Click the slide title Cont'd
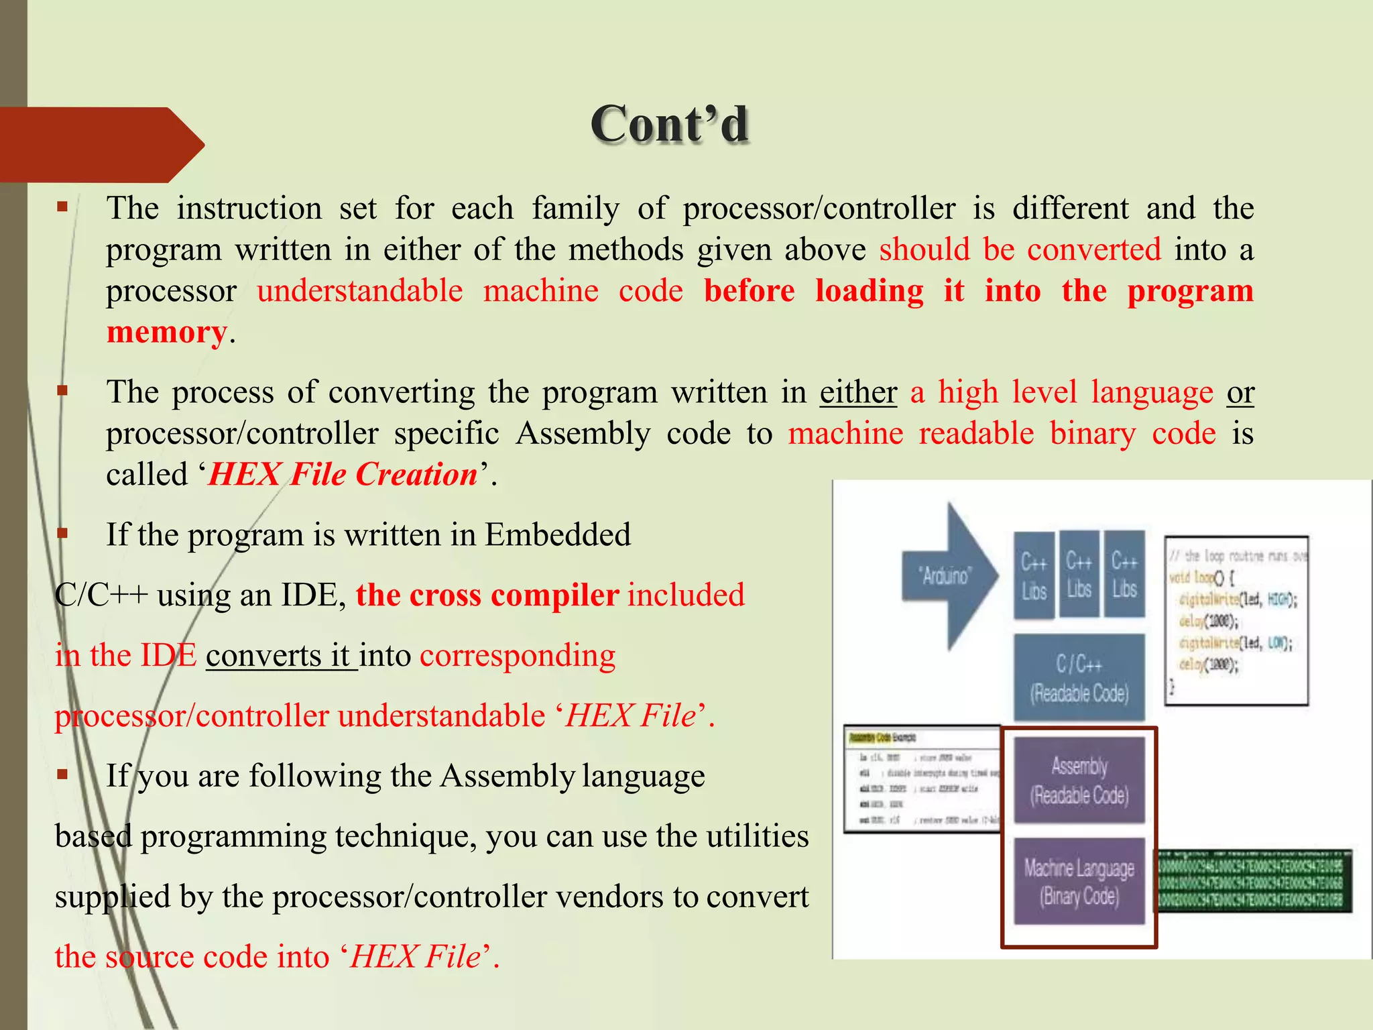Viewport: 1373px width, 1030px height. pyautogui.click(x=669, y=125)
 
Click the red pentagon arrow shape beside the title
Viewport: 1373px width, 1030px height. pyautogui.click(x=101, y=144)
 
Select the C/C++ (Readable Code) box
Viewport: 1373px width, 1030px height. pyautogui.click(x=1079, y=677)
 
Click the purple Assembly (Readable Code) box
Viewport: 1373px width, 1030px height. pyautogui.click(x=1079, y=780)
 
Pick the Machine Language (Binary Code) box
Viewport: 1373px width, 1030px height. pyautogui.click(x=1079, y=881)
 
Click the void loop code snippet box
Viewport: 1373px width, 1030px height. pyautogui.click(x=1236, y=620)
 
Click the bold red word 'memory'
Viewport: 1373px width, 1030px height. pyautogui.click(x=166, y=333)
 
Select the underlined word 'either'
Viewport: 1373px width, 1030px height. pyautogui.click(x=857, y=392)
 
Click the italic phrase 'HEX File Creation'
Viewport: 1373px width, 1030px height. pyautogui.click(x=343, y=475)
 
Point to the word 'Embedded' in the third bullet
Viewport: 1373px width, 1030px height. pyautogui.click(x=557, y=535)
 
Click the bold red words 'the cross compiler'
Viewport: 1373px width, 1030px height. pyautogui.click(x=487, y=595)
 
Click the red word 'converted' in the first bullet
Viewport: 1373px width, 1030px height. pyautogui.click(x=1093, y=250)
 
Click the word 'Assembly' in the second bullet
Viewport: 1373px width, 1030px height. pyautogui.click(x=583, y=434)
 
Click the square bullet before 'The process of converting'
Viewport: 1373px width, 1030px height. pyautogui.click(x=62, y=390)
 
